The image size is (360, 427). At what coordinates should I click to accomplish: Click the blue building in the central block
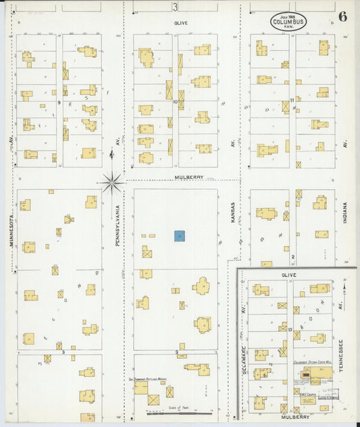coord(180,236)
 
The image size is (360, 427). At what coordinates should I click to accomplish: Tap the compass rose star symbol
coord(111,180)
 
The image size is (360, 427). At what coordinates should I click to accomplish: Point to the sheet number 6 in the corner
coord(342,17)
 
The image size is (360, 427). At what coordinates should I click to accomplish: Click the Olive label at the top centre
coord(180,23)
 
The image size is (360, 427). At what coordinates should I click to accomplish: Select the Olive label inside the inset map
coord(289,276)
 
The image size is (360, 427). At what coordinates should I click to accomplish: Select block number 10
coord(175,102)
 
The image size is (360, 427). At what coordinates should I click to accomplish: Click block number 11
coord(291,101)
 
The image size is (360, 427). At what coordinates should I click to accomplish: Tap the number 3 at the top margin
coord(175,7)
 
